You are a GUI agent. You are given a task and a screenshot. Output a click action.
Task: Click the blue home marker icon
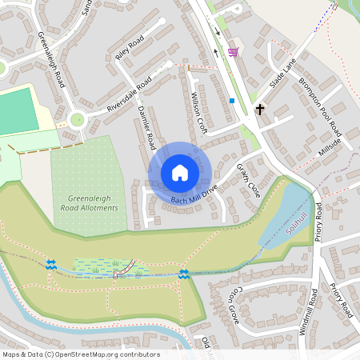[x=179, y=173]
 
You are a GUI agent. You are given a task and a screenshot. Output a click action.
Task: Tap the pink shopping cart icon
[x=233, y=53]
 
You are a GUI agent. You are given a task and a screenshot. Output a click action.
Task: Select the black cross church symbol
[x=259, y=109]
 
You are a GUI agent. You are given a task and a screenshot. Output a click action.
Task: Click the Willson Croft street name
[x=199, y=113]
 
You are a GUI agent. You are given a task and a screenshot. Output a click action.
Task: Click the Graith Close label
[x=249, y=181]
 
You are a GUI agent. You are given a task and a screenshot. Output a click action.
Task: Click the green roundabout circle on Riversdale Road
[x=77, y=120]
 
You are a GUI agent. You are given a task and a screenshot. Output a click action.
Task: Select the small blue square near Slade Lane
[x=232, y=101]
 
